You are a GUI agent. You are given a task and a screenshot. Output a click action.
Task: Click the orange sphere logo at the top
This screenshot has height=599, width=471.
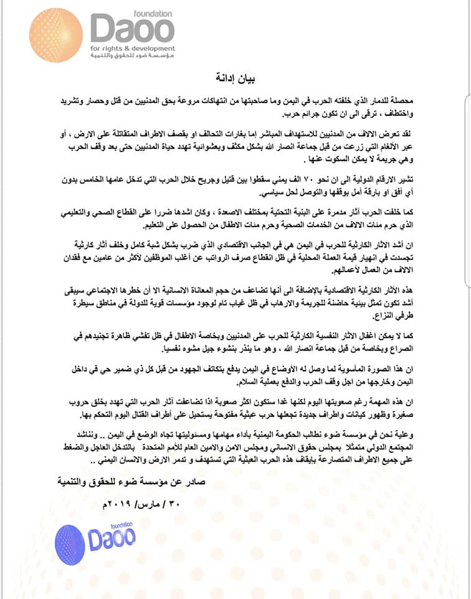[56, 34]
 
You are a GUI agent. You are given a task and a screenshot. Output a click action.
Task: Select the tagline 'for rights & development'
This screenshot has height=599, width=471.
[132, 48]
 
